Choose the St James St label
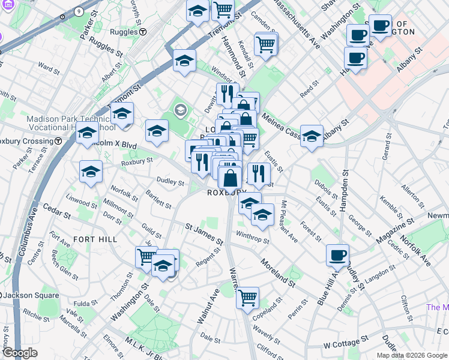[204, 235]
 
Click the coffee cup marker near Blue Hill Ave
[337, 255]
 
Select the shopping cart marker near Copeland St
[247, 297]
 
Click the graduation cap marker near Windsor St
[185, 60]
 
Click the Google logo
[20, 353]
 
